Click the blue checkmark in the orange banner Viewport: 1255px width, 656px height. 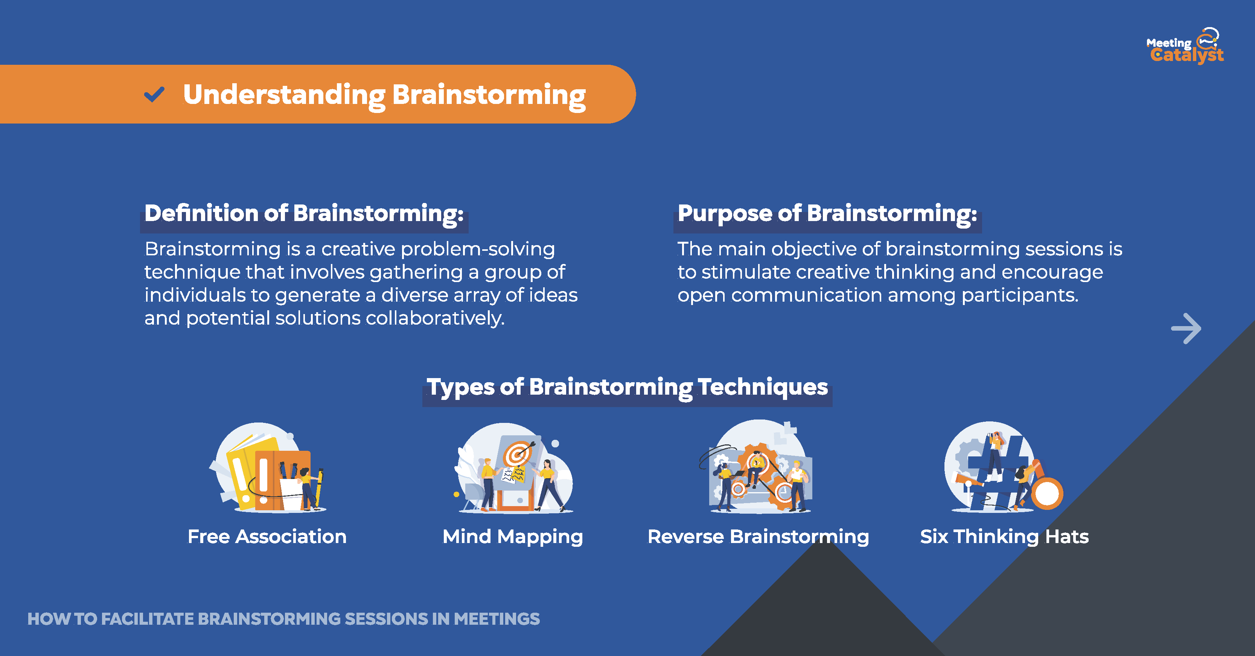[154, 94]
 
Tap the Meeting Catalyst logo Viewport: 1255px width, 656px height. [1185, 46]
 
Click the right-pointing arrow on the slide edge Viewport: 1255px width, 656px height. [1186, 328]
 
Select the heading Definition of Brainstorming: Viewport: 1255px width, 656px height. [304, 214]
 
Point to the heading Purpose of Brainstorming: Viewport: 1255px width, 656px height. [827, 214]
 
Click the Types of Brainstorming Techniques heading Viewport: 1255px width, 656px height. [627, 387]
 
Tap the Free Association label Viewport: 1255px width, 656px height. [267, 537]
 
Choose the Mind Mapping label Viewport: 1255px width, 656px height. [513, 537]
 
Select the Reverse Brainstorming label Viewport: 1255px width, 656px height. [758, 537]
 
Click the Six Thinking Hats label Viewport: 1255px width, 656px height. [1004, 537]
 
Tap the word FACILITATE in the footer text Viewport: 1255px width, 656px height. [148, 619]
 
